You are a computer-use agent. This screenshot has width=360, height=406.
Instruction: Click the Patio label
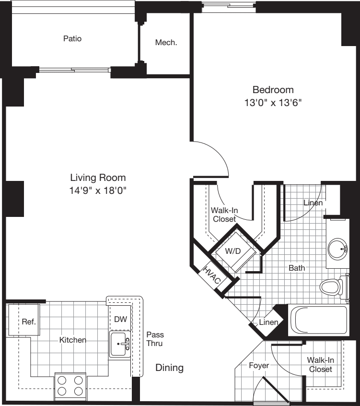[72, 38]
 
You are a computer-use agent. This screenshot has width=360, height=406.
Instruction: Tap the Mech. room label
[166, 42]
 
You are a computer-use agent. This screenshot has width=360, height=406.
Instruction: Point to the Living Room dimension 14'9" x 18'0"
[98, 190]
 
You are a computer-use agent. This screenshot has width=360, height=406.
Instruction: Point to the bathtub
[318, 320]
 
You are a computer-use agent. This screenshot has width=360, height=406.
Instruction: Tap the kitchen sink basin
[118, 344]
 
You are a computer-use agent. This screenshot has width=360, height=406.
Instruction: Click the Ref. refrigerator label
[29, 322]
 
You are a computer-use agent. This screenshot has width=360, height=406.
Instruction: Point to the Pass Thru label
[154, 339]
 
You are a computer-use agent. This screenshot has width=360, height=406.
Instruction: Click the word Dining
[169, 368]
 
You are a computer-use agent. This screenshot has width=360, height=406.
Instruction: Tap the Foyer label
[259, 365]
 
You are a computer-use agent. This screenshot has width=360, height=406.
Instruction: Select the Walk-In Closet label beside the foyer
[320, 364]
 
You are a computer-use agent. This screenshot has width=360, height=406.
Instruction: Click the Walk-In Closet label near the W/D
[224, 215]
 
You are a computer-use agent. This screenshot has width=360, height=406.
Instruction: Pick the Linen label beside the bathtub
[268, 322]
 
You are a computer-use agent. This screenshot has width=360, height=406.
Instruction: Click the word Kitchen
[72, 340]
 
